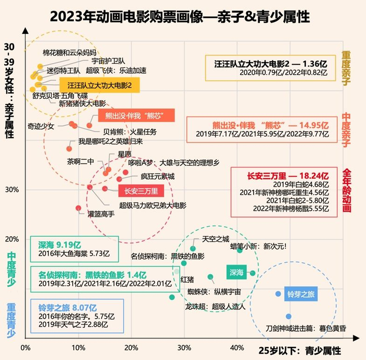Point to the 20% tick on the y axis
pos(11,239)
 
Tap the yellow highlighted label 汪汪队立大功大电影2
pos(99,85)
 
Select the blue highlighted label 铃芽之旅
pos(301,294)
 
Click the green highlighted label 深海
pos(236,272)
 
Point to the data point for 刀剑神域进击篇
pos(289,316)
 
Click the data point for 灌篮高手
pos(78,208)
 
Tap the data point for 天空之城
pos(193,249)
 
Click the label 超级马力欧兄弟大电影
pos(153,205)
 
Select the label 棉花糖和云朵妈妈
pos(70,52)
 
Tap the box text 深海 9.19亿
pos(59,244)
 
